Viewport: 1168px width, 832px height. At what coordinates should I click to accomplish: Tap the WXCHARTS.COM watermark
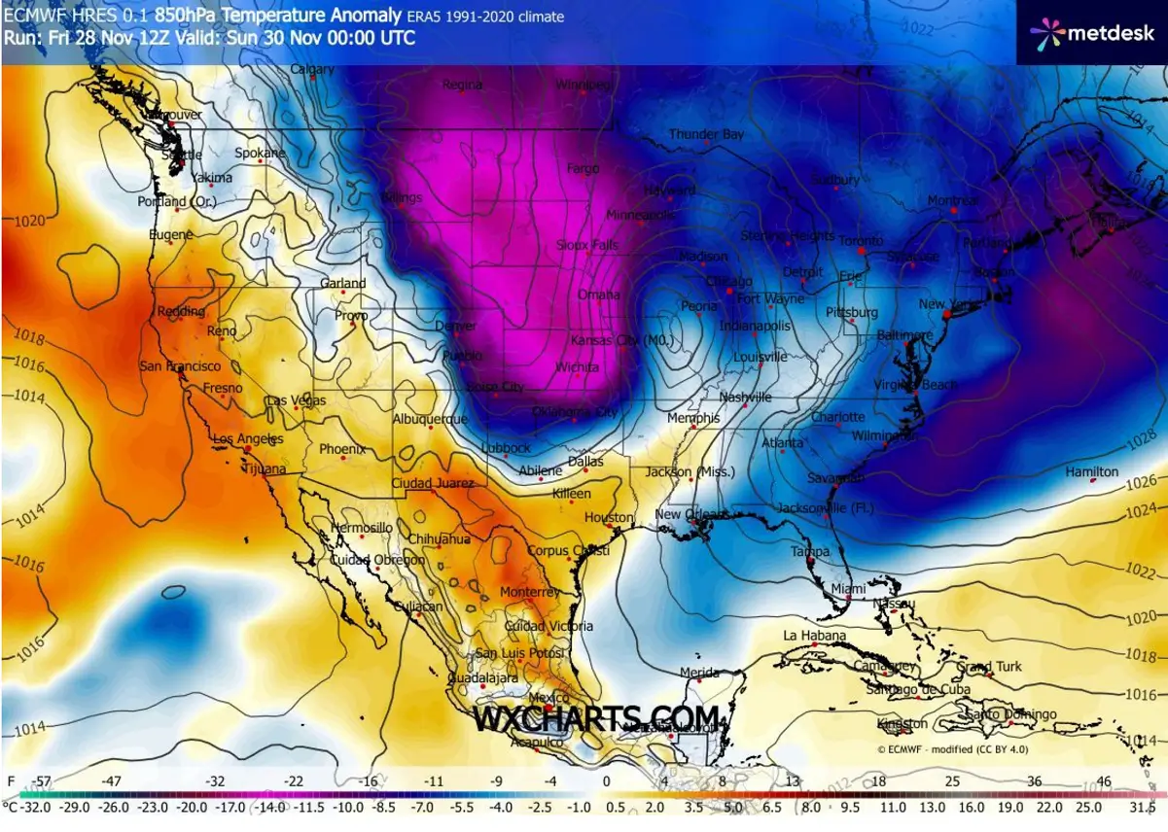click(x=597, y=718)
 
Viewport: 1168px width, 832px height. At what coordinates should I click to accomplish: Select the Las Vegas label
click(x=297, y=400)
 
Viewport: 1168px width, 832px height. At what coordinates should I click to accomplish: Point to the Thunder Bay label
click(x=706, y=134)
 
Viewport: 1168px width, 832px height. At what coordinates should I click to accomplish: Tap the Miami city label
click(x=848, y=589)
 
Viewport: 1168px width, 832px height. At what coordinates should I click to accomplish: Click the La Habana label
click(x=814, y=636)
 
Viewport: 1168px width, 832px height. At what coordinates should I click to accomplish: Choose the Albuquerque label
click(x=430, y=419)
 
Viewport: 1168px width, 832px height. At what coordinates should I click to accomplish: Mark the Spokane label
click(x=260, y=154)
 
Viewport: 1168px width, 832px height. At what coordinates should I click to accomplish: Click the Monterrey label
click(x=529, y=592)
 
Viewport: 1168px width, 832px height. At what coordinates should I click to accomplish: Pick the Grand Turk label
click(x=989, y=667)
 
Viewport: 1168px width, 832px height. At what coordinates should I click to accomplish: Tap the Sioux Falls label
click(x=587, y=246)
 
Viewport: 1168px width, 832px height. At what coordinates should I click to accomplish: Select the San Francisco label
click(x=180, y=366)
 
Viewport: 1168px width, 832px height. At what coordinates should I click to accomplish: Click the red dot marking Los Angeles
click(x=248, y=450)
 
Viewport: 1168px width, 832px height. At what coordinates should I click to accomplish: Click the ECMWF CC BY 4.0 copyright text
click(x=951, y=749)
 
